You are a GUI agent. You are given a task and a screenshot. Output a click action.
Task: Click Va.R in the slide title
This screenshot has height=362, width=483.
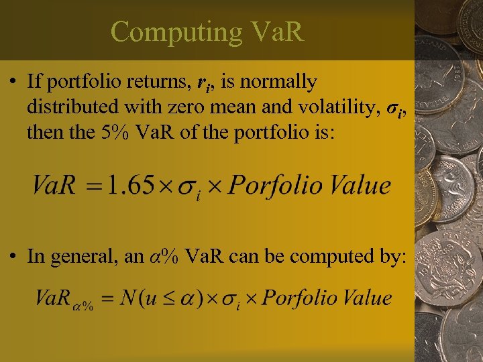click(275, 32)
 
